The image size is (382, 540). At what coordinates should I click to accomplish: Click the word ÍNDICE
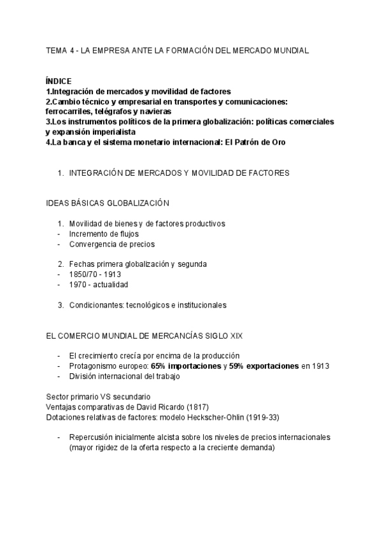(59, 82)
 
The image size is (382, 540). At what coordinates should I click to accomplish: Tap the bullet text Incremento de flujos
(101, 234)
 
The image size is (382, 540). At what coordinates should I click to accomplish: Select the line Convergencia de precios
(111, 244)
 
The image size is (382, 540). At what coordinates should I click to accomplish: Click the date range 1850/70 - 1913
(97, 274)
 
